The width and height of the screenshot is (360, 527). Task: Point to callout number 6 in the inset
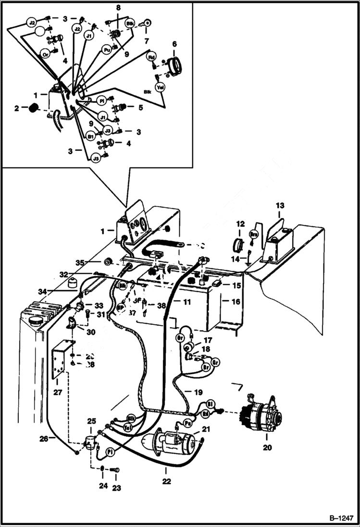pos(174,44)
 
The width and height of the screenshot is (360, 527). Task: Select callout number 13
pos(280,206)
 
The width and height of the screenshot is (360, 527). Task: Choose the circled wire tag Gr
pos(215,361)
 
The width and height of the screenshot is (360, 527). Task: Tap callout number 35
pos(80,262)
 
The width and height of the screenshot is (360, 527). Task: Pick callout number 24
pos(103,486)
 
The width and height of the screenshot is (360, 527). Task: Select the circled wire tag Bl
pos(209,404)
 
